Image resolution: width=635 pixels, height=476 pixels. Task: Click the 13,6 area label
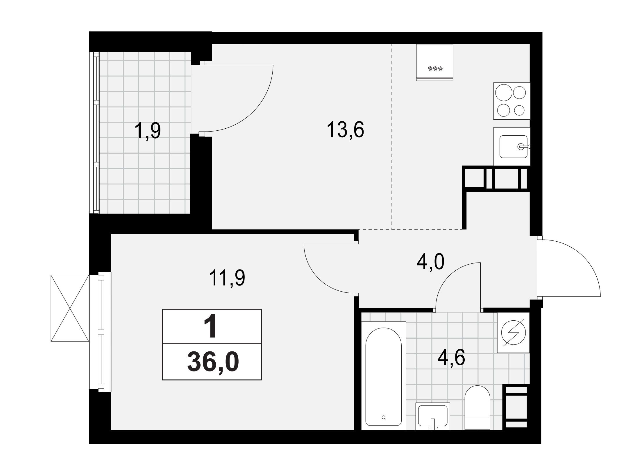pyautogui.click(x=346, y=130)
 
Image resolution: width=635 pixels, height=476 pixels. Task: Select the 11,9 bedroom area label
pyautogui.click(x=228, y=278)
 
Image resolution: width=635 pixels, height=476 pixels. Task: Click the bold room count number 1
pyautogui.click(x=211, y=327)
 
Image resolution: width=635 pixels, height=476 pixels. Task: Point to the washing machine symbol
pyautogui.click(x=514, y=332)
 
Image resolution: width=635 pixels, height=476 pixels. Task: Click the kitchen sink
pyautogui.click(x=512, y=147)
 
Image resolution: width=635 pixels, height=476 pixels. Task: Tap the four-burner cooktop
pyautogui.click(x=512, y=101)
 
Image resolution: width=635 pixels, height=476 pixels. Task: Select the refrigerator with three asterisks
pyautogui.click(x=434, y=62)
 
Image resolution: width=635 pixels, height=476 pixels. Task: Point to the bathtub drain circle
pyautogui.click(x=384, y=417)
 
